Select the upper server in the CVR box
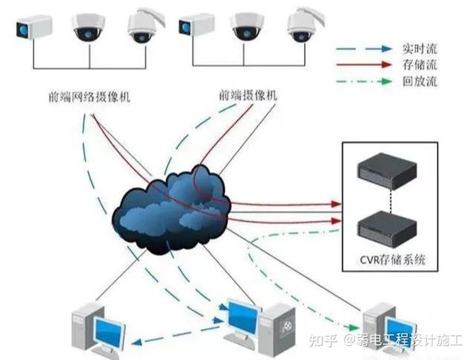[386, 168]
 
